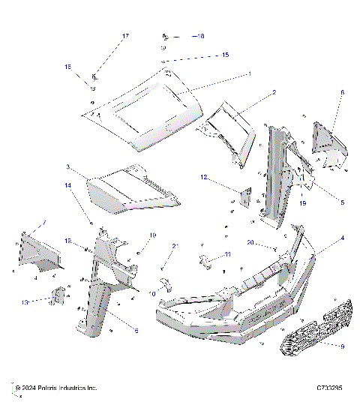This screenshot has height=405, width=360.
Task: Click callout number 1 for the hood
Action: tap(250, 74)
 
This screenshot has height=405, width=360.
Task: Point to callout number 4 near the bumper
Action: tap(322, 238)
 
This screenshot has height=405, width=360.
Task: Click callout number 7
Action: tap(43, 223)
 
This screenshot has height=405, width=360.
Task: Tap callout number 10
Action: tap(153, 294)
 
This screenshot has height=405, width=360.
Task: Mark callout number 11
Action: tap(228, 255)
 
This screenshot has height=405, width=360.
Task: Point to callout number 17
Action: tap(125, 36)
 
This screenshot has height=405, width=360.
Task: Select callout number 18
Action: tap(199, 35)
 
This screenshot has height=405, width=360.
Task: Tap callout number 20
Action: tap(250, 241)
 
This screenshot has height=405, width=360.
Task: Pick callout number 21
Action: tap(175, 246)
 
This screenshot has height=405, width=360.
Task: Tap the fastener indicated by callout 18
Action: tap(165, 36)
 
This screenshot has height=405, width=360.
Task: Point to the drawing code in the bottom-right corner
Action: tap(329, 388)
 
